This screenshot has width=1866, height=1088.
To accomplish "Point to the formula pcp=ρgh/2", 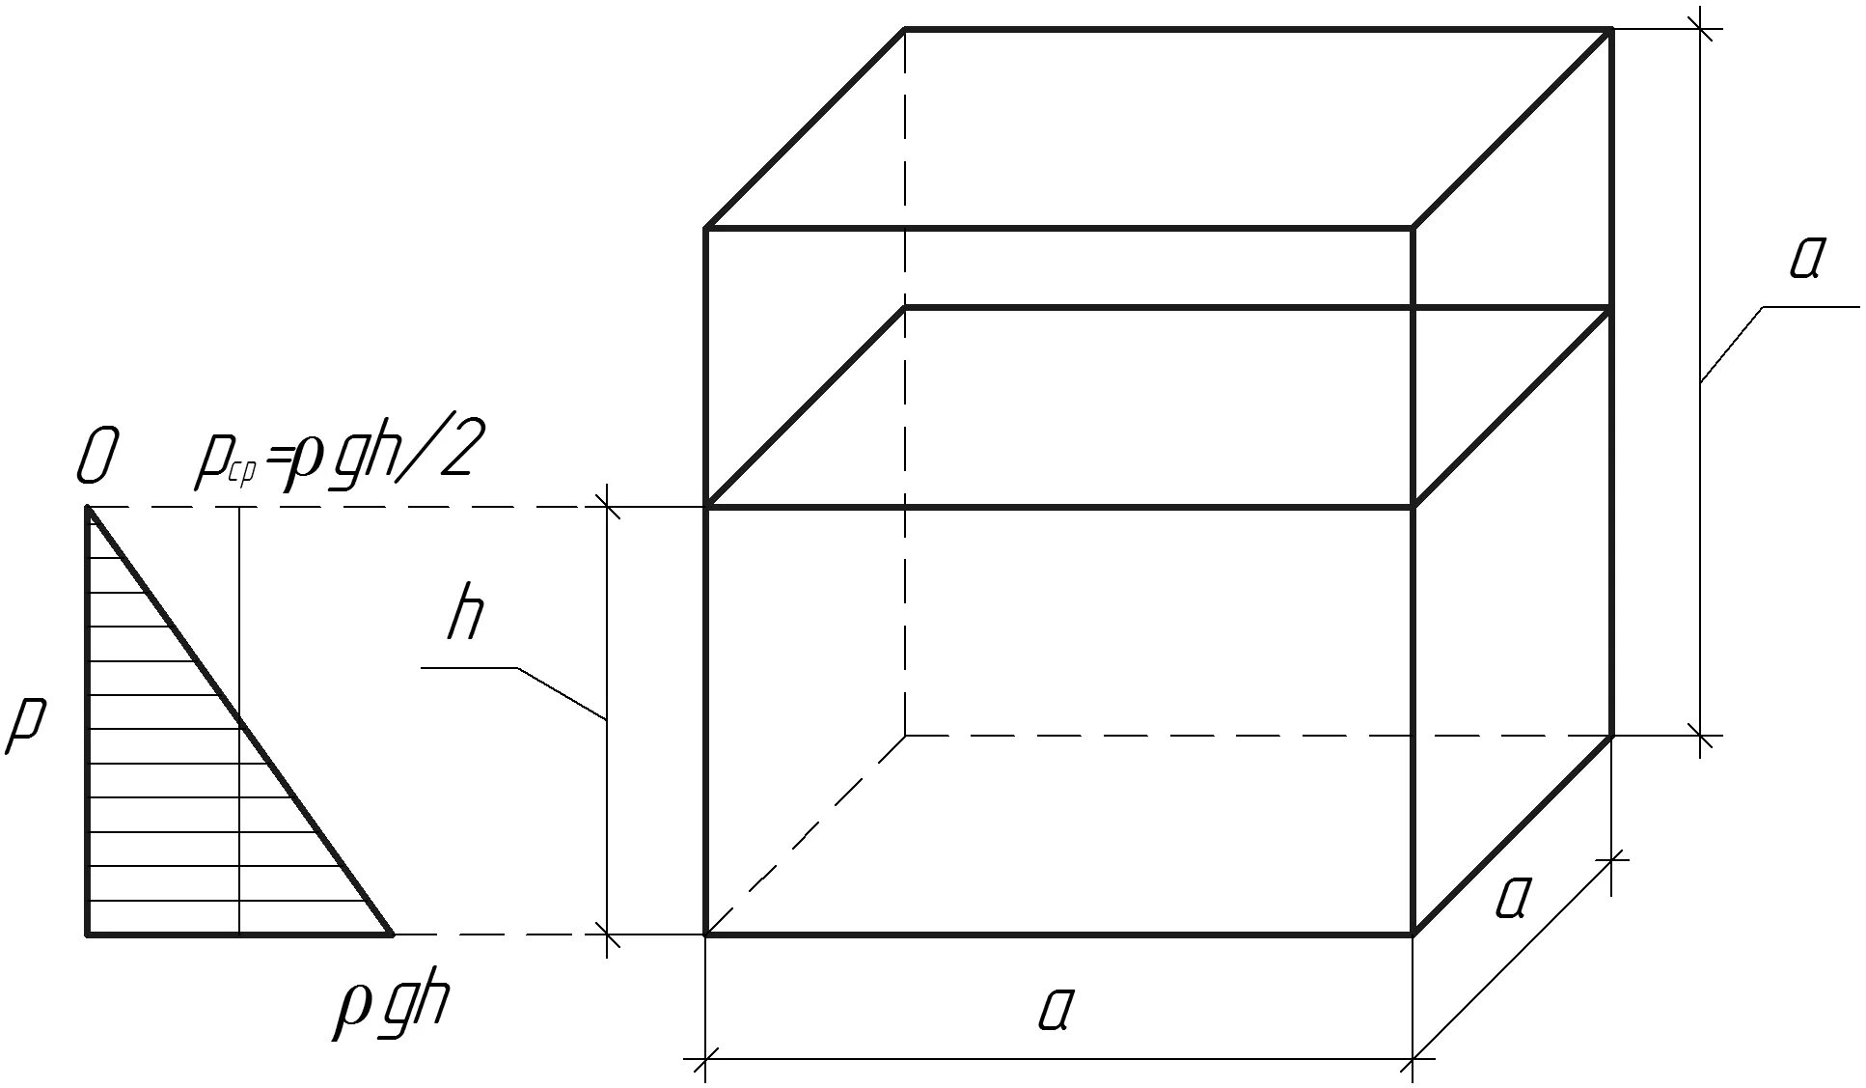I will coord(333,458).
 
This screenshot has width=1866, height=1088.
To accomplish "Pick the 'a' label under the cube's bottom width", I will coord(1056,1010).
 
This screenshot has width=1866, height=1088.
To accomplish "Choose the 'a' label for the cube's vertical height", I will coord(1803,257).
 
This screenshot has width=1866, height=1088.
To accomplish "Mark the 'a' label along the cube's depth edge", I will coord(1512,897).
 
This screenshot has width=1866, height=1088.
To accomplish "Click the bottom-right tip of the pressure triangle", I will coord(392,934).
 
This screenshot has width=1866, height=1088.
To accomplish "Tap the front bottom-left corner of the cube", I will coord(707,934).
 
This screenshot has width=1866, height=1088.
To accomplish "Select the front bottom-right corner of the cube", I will coord(1413,934).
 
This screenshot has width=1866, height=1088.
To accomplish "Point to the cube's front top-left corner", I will coord(707,228).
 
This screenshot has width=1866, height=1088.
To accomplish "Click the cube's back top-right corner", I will coord(1611,30).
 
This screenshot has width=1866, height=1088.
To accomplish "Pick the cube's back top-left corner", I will coord(905,30).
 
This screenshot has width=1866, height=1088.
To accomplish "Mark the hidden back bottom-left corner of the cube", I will coord(905,736).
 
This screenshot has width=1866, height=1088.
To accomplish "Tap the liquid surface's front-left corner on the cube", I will coord(707,506).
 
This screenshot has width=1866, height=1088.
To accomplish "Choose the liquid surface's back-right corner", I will coord(1611,308).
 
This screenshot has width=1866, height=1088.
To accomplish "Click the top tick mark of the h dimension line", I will coord(607,506).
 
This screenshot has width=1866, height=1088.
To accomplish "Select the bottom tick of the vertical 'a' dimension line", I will coord(1701,737).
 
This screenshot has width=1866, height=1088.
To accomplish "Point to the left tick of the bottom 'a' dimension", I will coord(707,1059).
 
